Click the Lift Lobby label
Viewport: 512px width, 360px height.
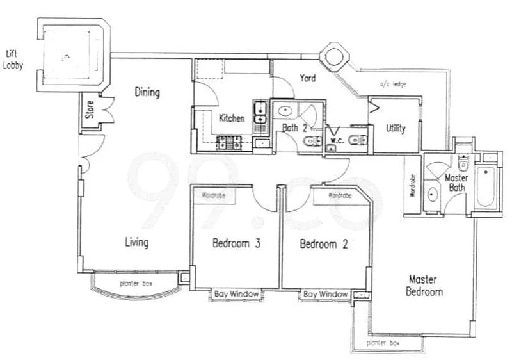point(13,59)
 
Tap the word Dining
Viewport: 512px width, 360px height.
point(147,92)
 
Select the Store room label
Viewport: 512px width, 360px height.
point(90,113)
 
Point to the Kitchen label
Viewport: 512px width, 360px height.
point(231,119)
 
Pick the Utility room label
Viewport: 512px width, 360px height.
point(396,128)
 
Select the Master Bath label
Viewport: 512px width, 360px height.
point(456,183)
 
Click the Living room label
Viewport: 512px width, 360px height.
point(136,243)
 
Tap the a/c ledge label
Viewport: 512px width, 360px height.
point(392,85)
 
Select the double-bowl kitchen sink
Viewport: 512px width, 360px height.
point(260,114)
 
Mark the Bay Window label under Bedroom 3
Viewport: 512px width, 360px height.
point(237,294)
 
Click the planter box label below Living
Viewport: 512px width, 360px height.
point(136,283)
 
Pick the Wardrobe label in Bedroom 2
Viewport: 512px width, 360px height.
point(339,195)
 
